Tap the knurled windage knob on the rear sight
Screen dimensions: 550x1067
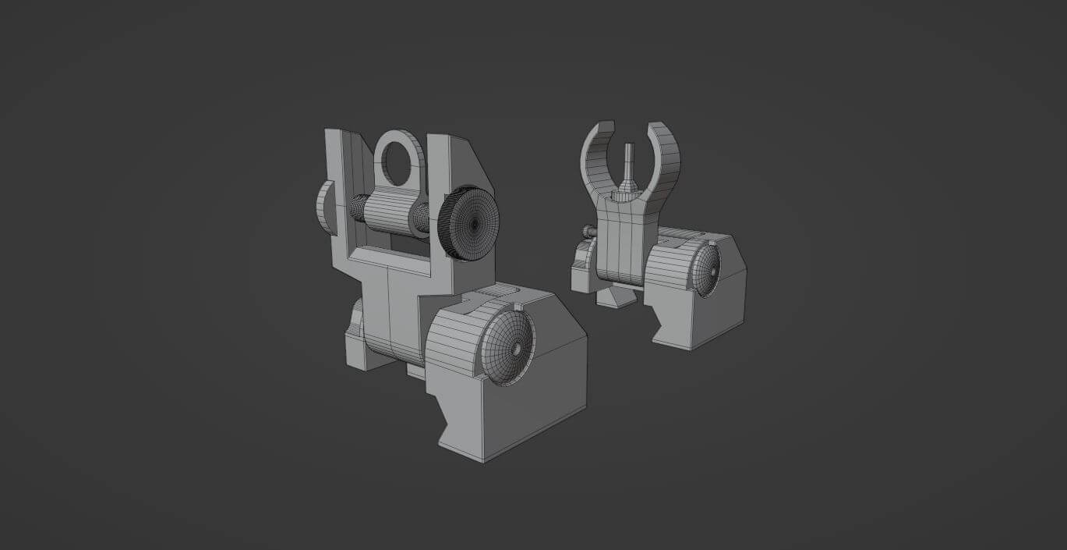[x=471, y=223]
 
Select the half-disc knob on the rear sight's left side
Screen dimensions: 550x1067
[x=325, y=208]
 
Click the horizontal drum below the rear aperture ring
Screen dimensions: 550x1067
[x=391, y=212]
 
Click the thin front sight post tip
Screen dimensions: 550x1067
[x=631, y=156]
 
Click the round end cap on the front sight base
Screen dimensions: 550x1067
[x=706, y=270]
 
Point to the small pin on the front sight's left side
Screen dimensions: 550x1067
[x=589, y=231]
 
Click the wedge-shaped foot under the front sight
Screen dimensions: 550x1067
[x=616, y=296]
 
